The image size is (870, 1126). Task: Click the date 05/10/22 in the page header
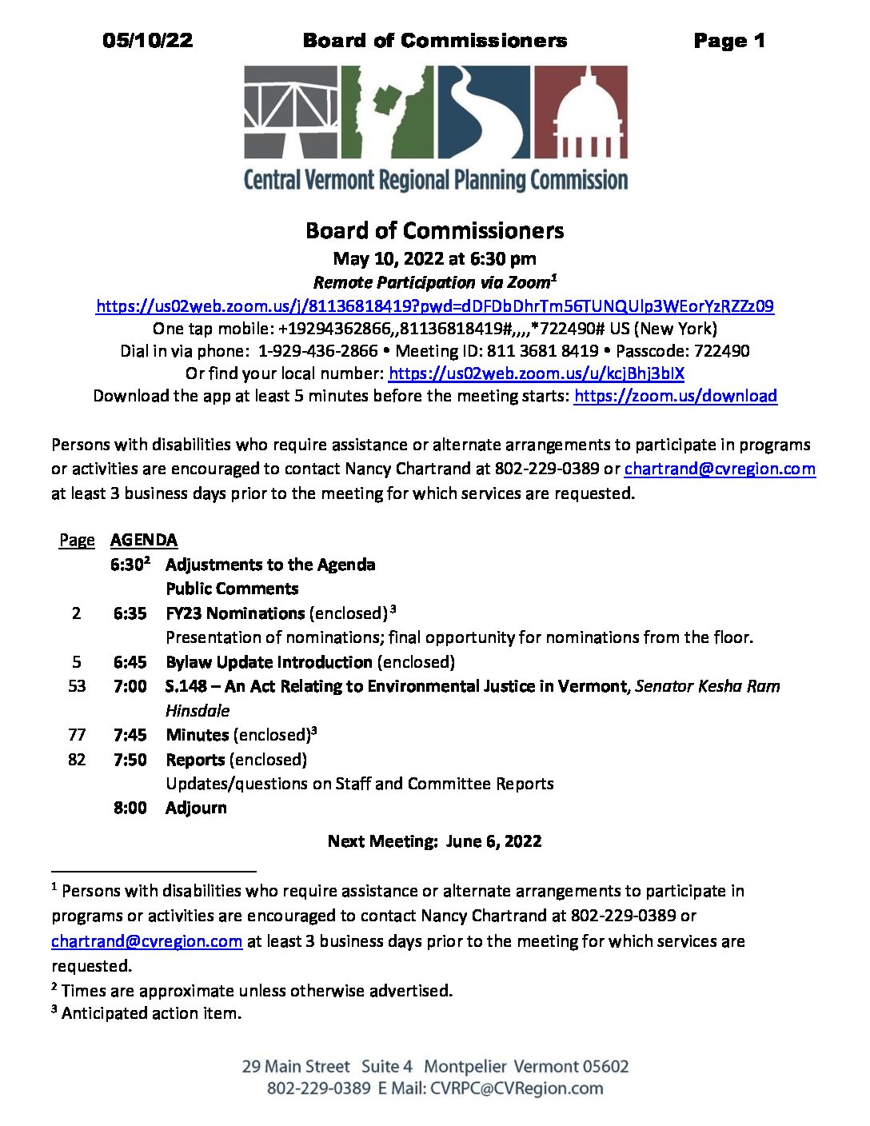[147, 41]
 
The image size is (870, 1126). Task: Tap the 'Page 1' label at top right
[728, 41]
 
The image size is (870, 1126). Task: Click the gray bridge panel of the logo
[291, 111]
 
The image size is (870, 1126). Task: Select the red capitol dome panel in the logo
[580, 111]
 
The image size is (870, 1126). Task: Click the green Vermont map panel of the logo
[387, 111]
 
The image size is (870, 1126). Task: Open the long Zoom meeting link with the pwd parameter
[434, 306]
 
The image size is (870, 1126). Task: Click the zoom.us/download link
[675, 396]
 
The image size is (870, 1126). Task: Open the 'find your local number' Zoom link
[536, 373]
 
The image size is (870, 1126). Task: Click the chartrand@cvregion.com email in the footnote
[146, 941]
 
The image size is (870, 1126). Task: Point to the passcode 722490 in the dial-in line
[722, 351]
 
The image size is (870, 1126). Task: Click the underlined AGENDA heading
[144, 541]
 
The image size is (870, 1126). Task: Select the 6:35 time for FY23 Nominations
[130, 613]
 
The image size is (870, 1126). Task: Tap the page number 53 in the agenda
[77, 686]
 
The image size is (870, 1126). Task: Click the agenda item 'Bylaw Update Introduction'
[269, 662]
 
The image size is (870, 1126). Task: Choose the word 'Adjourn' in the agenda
[196, 808]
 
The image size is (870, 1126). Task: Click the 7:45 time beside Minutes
[130, 735]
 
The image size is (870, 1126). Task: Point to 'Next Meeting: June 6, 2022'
[434, 841]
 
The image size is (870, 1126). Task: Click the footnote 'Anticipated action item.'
[151, 1013]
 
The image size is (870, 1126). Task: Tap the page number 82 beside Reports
[77, 759]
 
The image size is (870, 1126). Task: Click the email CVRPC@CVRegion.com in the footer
[517, 1088]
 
